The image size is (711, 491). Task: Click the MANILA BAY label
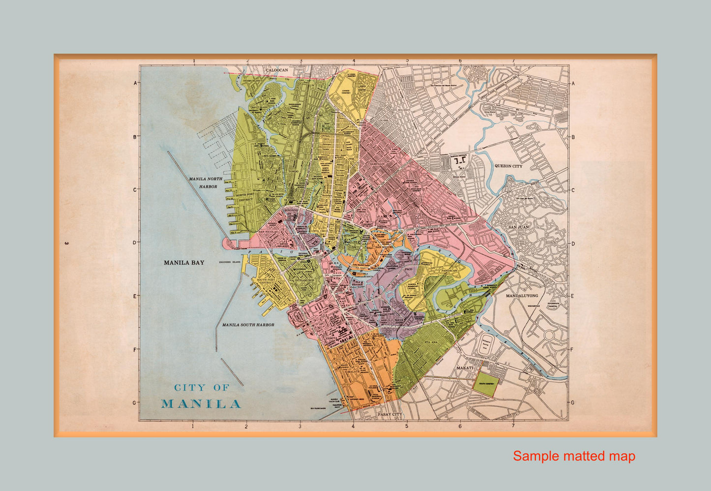[x=184, y=263]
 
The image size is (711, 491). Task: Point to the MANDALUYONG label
[x=522, y=296]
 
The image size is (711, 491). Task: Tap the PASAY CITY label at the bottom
[x=390, y=415]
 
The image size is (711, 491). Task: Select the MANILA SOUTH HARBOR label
[x=248, y=325]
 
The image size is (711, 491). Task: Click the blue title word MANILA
[x=201, y=404]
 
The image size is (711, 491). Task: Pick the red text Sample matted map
[x=574, y=456]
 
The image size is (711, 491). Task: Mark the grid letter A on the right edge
[x=573, y=83]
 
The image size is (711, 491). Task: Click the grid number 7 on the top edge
[x=513, y=61]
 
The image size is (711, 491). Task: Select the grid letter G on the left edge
[x=134, y=402]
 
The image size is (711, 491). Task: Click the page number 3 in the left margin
[x=65, y=243]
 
